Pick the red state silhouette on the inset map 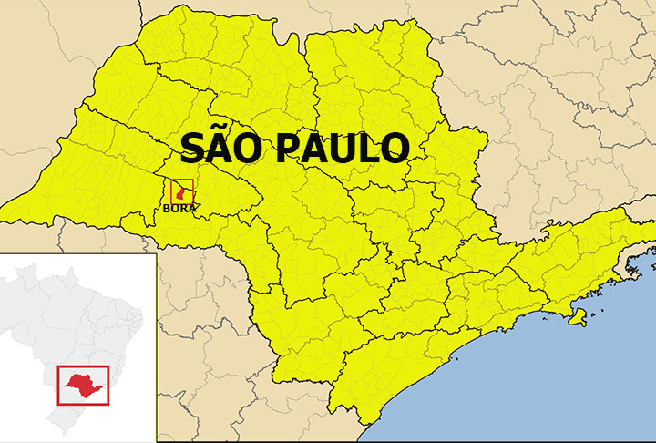[x=82, y=384]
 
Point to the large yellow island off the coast [x=577, y=317]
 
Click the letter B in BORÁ [x=167, y=209]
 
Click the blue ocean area [x=565, y=383]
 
